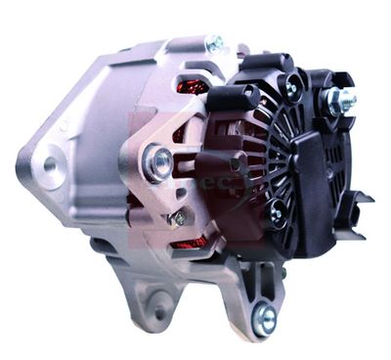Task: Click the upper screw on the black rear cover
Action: tap(290, 88)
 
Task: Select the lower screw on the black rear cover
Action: tap(277, 211)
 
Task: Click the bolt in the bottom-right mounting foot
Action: tap(264, 315)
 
